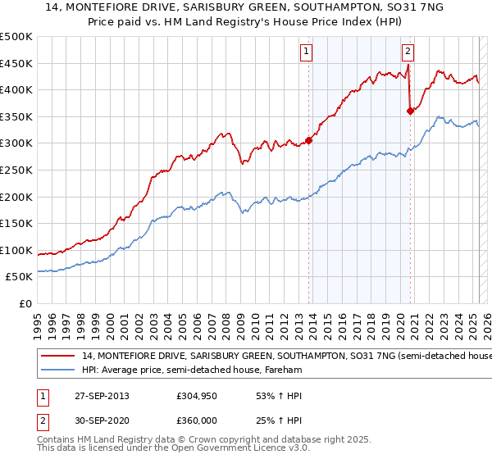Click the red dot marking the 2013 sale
(309, 140)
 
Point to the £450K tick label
(16, 63)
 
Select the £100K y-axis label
(16, 250)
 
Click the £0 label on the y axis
(25, 303)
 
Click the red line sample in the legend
(59, 356)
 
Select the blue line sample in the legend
(59, 370)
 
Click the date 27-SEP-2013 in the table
(99, 396)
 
